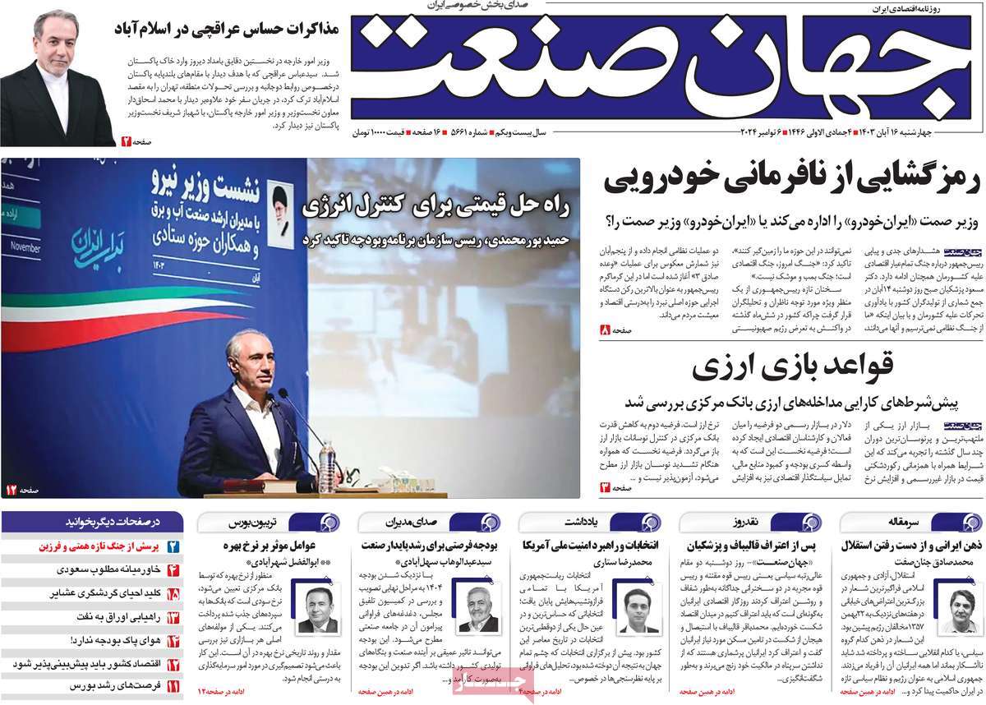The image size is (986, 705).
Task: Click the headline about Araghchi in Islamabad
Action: coord(234,31)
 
